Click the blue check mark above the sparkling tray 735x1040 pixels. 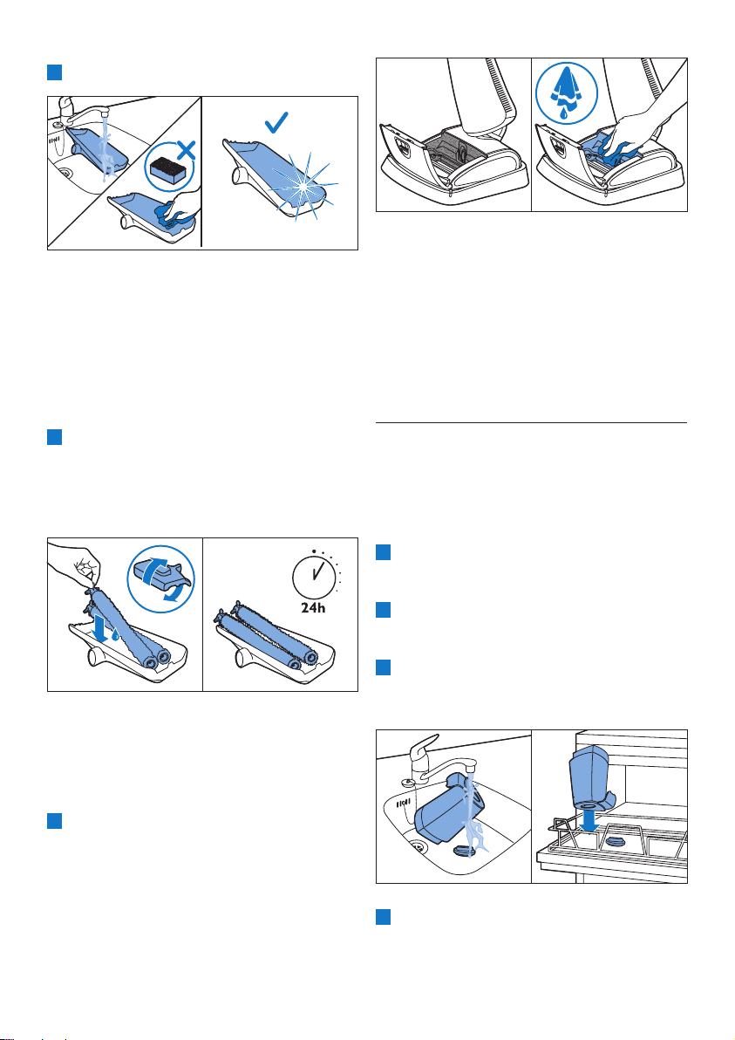click(x=276, y=122)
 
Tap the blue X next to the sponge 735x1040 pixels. click(x=187, y=150)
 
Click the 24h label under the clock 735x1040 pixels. click(x=313, y=607)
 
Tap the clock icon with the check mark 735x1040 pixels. click(x=315, y=574)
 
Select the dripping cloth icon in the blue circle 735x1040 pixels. click(x=566, y=93)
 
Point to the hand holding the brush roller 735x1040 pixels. click(x=75, y=567)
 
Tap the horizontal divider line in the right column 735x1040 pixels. click(x=532, y=422)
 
